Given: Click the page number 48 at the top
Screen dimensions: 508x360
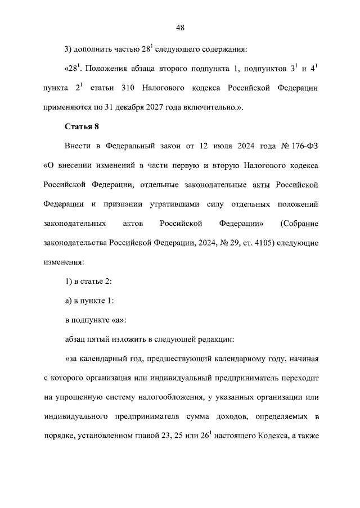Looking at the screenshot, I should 180,27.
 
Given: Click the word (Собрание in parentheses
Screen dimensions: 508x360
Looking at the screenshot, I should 299,224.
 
